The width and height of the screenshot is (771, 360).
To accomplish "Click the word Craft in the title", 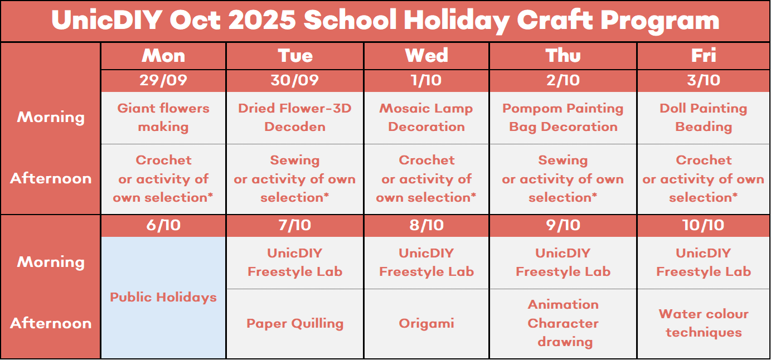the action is pos(555,20).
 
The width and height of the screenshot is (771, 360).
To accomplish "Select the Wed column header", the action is pos(426,55).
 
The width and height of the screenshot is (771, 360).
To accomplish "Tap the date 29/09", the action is pos(163,80).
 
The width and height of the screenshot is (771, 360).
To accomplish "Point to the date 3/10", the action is pos(704,80).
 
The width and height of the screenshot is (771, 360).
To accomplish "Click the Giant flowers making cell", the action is pos(163,118).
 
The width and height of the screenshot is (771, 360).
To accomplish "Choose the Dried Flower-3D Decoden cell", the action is pos(295,118).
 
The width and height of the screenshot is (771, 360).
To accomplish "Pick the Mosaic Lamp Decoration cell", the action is pos(426,118).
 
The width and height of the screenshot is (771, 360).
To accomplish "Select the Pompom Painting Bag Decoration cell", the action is pos(563,118).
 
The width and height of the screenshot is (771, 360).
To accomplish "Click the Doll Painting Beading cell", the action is pos(703,118).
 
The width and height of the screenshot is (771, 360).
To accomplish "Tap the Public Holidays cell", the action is pos(163,297).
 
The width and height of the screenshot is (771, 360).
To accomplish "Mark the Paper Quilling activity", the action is pos(295,323).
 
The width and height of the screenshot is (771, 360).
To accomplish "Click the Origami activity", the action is pos(426,323).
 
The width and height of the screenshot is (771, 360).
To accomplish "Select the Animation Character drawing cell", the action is pos(563,323).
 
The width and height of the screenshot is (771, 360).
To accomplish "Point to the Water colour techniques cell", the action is pos(704,323).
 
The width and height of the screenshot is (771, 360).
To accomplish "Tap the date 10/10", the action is pos(703,225).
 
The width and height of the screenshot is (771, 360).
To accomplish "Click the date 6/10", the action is pos(163,225).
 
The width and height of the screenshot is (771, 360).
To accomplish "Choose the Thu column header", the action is pos(563,55).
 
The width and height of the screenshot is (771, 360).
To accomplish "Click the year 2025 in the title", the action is pos(261,20).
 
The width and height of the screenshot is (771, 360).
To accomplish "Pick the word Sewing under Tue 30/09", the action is pos(295,160).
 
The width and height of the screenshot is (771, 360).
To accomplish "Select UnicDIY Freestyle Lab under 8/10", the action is pos(426,262).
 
